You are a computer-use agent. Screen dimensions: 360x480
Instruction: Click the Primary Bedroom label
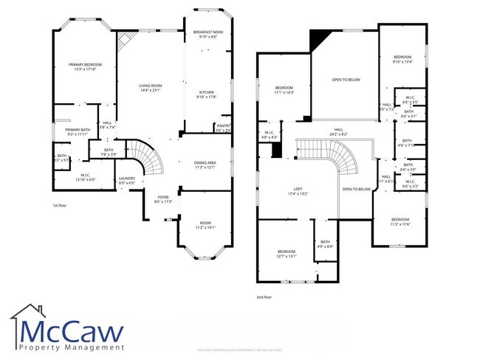tap(81, 65)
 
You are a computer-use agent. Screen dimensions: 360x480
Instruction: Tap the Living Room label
tap(150, 86)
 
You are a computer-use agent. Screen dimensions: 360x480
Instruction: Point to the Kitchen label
tap(205, 92)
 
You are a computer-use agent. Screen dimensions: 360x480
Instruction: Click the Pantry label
tap(223, 126)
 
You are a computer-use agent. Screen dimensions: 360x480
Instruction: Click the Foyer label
tap(163, 198)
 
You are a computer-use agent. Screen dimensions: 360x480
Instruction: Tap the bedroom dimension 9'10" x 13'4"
tap(402, 62)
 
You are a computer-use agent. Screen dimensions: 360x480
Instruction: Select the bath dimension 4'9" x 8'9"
tap(325, 246)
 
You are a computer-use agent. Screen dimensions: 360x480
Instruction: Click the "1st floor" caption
tap(61, 205)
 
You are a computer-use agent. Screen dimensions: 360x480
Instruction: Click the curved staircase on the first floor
tap(151, 159)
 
